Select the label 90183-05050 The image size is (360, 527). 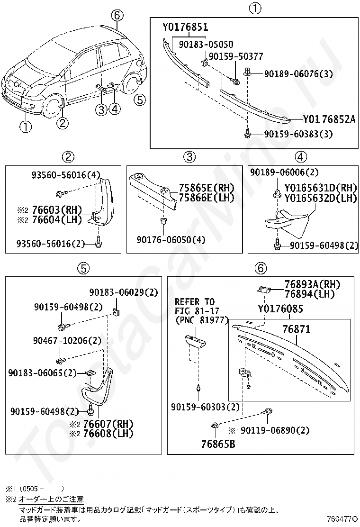point(206,44)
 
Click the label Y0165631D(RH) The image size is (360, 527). point(321,187)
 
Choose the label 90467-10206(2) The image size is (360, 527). point(67,340)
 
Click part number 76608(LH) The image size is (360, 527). point(108,433)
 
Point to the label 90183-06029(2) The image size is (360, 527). point(124,292)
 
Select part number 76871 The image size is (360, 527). point(297,329)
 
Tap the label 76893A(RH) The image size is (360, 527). point(312,284)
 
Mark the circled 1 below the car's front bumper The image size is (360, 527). point(25,127)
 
